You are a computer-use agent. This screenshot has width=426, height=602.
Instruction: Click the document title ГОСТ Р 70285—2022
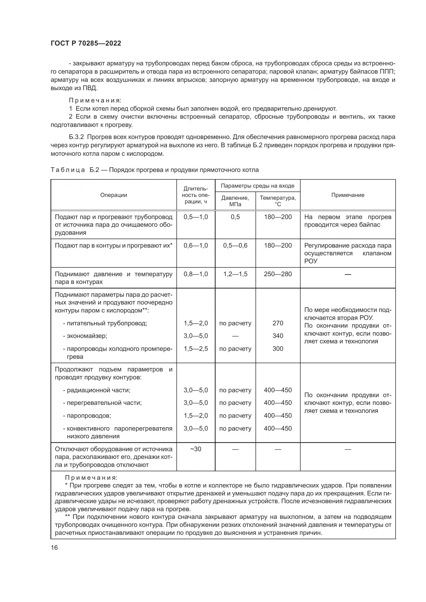click(86, 43)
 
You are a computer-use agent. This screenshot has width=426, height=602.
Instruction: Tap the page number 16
click(54, 547)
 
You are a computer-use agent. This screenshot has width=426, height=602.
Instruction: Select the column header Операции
click(114, 195)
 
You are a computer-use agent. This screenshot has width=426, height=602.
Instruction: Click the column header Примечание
click(347, 195)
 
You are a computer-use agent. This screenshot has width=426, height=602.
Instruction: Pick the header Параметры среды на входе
click(257, 186)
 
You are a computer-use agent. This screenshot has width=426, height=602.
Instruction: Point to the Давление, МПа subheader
click(235, 201)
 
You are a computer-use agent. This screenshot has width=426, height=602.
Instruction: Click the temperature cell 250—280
click(278, 274)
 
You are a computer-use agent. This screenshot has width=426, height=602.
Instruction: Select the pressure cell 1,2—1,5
click(235, 274)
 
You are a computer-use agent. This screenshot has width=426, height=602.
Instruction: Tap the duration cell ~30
click(196, 449)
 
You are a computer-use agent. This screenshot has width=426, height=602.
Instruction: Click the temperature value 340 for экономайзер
click(278, 336)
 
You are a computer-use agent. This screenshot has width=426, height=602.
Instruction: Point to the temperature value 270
click(278, 323)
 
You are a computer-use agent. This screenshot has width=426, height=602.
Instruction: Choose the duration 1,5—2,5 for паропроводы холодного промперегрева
click(196, 349)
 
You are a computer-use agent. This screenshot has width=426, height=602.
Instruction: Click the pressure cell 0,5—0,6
click(235, 246)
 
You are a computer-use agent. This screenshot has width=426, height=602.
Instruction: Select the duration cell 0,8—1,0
click(196, 274)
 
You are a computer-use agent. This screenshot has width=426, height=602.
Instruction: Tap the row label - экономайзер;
click(85, 336)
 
